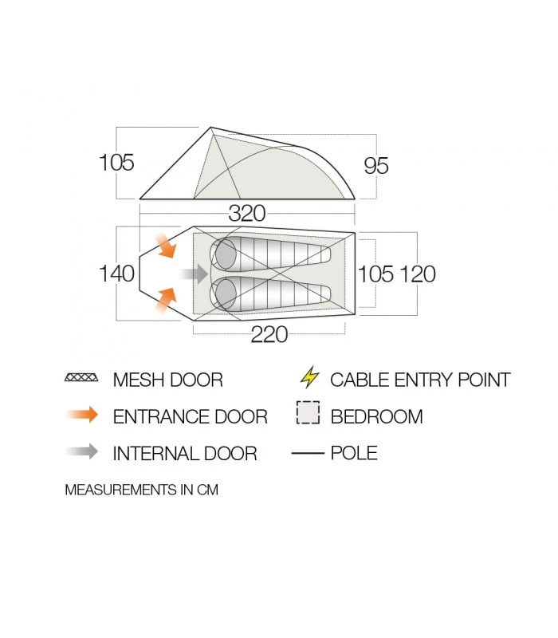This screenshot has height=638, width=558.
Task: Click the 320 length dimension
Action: click(247, 213)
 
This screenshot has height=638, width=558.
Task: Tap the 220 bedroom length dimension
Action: click(269, 334)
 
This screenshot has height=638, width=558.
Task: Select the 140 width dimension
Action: click(116, 274)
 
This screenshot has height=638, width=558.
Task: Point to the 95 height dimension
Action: click(376, 166)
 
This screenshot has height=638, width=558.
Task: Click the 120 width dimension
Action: click(418, 274)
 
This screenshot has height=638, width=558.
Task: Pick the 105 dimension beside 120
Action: click(375, 274)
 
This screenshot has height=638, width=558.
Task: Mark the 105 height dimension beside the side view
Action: click(116, 163)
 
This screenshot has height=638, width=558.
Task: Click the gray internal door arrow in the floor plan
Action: click(194, 274)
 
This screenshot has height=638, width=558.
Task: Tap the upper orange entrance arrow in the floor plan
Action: click(166, 246)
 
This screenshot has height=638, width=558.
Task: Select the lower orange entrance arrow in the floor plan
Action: click(166, 301)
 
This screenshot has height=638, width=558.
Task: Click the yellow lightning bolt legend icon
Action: click(309, 376)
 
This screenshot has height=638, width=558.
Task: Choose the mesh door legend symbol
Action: click(81, 377)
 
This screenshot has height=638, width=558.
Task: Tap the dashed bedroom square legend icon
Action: click(308, 413)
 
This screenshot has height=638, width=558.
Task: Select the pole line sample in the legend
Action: click(308, 452)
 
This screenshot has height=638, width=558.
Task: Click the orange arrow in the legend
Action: click(83, 415)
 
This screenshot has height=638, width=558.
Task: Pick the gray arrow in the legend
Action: click(83, 451)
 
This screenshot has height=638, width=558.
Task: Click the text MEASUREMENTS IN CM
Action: click(142, 490)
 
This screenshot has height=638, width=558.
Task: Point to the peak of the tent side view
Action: click(211, 128)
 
